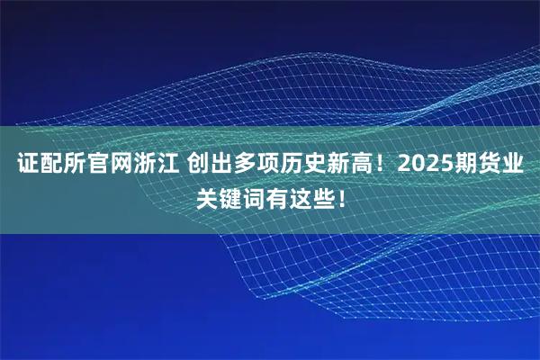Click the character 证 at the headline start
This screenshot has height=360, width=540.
tap(28, 165)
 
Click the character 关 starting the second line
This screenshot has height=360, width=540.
tap(209, 197)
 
